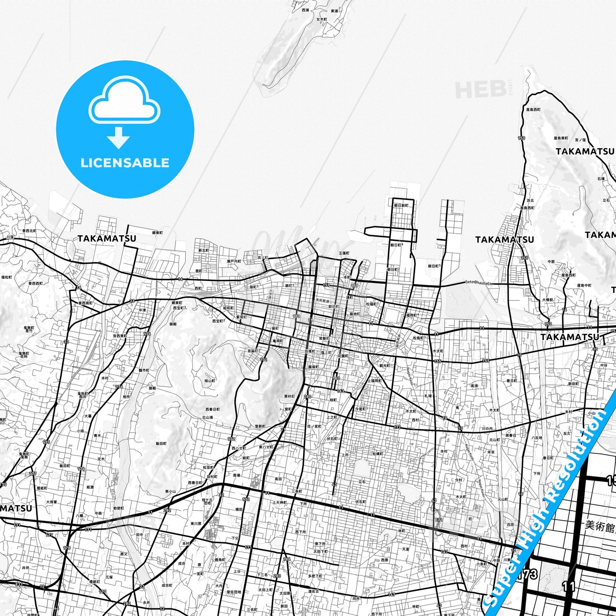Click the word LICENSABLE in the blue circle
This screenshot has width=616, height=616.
tap(125, 162)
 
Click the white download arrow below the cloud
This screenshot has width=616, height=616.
tap(119, 138)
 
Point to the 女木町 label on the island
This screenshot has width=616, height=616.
tap(322, 20)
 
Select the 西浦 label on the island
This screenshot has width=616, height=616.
tap(305, 10)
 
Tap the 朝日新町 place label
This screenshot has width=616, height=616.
tap(401, 205)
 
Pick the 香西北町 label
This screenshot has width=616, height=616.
tap(29, 231)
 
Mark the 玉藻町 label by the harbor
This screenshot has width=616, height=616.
tap(344, 253)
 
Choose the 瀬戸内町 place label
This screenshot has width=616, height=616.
tap(234, 261)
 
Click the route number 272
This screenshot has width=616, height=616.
tap(397, 427)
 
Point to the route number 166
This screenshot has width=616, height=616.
tap(286, 559)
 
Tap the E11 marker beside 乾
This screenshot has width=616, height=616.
tap(439, 520)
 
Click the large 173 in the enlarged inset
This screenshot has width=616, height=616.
tap(529, 574)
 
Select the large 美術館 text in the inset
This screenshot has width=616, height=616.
tap(599, 526)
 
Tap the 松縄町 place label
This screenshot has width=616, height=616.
tap(377, 454)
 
